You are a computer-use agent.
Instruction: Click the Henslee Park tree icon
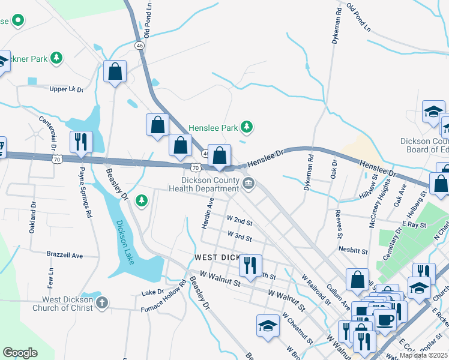pos(246,127)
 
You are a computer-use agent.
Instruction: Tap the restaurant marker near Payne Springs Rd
pos(81,142)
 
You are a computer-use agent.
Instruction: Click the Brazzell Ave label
pos(64,254)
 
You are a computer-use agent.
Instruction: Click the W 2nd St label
pos(240,221)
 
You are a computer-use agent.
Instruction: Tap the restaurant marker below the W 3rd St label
pos(250,265)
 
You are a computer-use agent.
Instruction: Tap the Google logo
pos(20,352)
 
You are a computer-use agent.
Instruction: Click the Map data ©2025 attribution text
pos(423,355)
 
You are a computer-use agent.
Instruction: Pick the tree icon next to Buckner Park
pos(56,58)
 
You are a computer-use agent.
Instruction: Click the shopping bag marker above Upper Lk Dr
pos(114,71)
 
